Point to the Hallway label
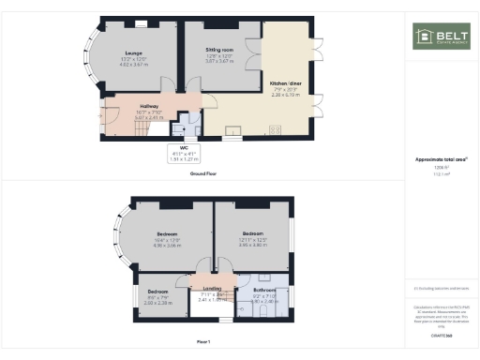tap(148, 107)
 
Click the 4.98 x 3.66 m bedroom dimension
tap(167, 245)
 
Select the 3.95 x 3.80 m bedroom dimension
tap(253, 243)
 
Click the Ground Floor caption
tap(204, 174)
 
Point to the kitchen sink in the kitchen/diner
tap(232, 130)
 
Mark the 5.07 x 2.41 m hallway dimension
tap(148, 118)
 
